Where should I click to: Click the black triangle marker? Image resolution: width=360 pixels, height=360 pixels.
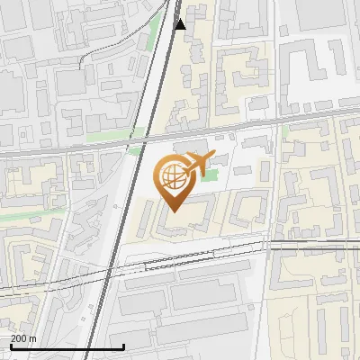[x=180, y=24]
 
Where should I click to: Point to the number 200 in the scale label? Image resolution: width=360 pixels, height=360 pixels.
[x=18, y=338]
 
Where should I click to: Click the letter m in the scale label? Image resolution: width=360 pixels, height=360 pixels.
[x=32, y=338]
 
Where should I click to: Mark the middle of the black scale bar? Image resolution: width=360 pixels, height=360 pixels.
[x=67, y=346]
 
